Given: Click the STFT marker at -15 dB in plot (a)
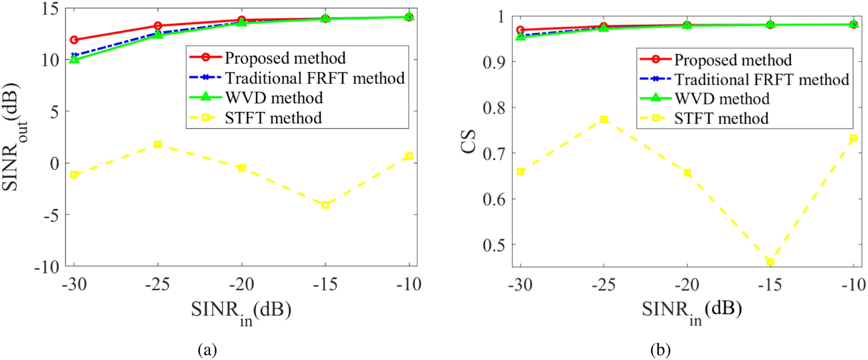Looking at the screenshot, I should (x=325, y=205).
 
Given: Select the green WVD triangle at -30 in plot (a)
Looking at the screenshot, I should (x=74, y=60).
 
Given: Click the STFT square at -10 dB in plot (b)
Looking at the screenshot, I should (x=853, y=138).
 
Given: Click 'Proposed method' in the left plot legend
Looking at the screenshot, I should (x=285, y=58).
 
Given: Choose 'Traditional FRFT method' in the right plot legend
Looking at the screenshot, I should (x=762, y=79).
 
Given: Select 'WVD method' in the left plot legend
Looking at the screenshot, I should (x=274, y=98).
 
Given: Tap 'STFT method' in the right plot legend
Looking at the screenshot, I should (x=721, y=118).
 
